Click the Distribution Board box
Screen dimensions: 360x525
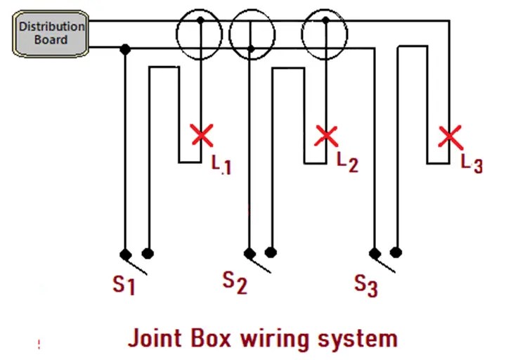[x=51, y=32]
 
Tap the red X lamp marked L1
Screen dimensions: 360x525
[x=202, y=135]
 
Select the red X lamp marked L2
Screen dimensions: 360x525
[x=326, y=135]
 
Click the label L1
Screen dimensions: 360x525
[x=221, y=164]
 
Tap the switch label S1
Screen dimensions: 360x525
[x=124, y=284]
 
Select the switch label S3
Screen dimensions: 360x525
[x=366, y=285]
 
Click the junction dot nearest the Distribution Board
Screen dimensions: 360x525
[x=125, y=49]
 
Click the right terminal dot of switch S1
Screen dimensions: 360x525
[x=148, y=253]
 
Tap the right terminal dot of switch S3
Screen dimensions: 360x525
[x=396, y=252]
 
